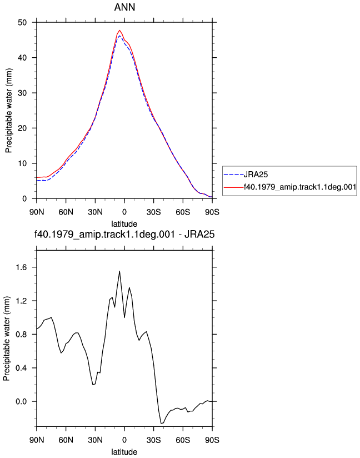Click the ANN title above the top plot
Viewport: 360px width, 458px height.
tap(124, 7)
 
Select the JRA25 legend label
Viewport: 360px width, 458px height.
tap(256, 175)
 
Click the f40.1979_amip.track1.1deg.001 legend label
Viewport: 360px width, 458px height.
tap(300, 187)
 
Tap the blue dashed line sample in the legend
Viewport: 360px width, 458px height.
tap(233, 175)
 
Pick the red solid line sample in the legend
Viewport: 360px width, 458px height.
tap(233, 187)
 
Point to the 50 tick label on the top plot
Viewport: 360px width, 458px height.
tap(22, 22)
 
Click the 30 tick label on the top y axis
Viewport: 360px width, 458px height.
tap(22, 93)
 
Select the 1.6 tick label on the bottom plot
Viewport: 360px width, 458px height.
tap(21, 267)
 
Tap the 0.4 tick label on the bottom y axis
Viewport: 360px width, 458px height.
tap(21, 368)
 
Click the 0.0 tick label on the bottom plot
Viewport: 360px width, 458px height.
tap(21, 402)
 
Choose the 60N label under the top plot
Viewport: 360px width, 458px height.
tap(66, 212)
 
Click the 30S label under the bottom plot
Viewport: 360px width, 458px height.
tap(153, 440)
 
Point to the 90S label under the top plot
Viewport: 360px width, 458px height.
tap(212, 212)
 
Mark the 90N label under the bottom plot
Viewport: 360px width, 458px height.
tap(37, 440)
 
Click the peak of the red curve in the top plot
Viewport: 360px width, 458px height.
tap(119, 30)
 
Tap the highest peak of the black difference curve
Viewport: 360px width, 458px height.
tap(119, 271)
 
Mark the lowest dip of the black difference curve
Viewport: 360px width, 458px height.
tap(161, 423)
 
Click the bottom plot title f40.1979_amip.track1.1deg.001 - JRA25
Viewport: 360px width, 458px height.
tap(124, 234)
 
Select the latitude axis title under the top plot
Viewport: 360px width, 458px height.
tap(124, 224)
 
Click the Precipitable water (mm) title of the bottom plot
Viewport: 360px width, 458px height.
tap(7, 338)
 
